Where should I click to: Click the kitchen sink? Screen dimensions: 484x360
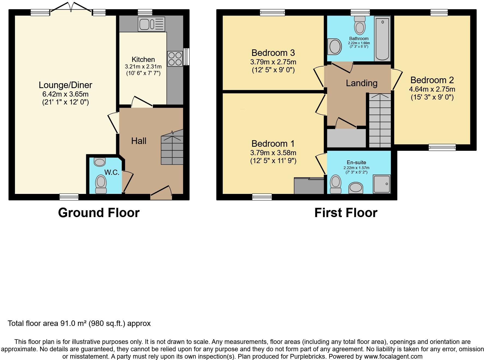151,24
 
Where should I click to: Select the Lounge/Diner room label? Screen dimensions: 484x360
65,85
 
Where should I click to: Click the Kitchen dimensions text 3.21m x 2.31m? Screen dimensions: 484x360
143,67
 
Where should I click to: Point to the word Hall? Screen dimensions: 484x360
139,141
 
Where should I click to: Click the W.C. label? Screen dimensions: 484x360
112,172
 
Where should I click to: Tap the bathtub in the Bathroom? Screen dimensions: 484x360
382,38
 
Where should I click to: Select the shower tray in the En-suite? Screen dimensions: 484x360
382,184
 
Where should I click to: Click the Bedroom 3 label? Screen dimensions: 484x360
273,53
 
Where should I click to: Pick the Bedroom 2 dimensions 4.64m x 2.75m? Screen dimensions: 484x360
432,89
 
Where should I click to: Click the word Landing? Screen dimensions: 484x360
362,83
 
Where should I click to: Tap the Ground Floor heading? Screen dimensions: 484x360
99,213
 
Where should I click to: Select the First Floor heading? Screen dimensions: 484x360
346,213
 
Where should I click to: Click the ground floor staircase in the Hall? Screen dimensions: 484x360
172,147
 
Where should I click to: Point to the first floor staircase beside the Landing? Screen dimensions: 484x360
380,120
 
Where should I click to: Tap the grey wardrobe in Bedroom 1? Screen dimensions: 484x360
309,186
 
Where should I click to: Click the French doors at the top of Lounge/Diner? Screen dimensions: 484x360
71,8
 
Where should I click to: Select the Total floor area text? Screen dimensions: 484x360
79,323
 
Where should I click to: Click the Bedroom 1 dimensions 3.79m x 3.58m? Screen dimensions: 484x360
273,153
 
